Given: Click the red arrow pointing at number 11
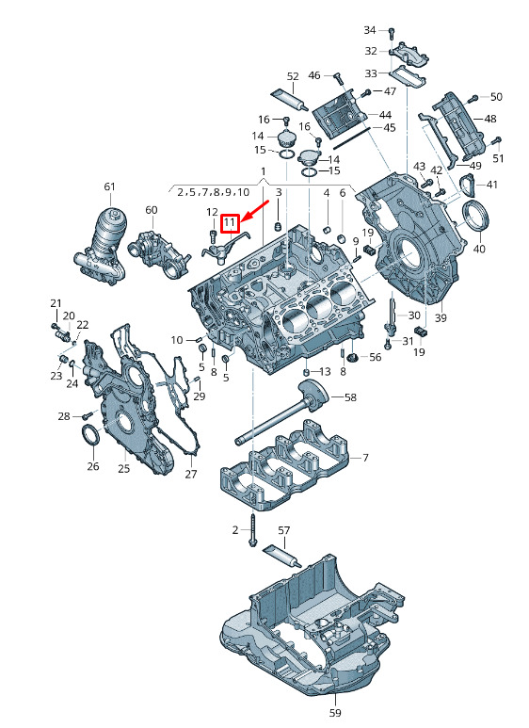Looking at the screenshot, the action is [256, 210].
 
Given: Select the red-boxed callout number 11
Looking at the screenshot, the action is [230, 223].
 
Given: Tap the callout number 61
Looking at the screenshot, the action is [109, 186].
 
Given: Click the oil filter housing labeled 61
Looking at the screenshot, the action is [101, 247].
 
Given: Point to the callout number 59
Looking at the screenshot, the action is [335, 713].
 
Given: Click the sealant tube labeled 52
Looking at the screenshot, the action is [290, 100].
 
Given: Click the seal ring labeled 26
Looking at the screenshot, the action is [91, 433].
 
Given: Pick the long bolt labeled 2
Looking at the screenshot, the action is [253, 529].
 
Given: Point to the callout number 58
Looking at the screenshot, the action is [350, 397].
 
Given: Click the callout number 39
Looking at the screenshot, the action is [441, 318].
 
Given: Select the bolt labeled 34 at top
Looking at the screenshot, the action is [392, 33].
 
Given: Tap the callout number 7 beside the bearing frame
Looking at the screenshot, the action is [365, 458].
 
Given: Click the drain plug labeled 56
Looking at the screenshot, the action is [352, 357].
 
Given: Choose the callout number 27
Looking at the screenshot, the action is [191, 474].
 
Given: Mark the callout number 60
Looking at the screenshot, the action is [152, 210].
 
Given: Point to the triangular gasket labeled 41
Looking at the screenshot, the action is [468, 186].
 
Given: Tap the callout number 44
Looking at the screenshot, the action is [385, 114].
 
